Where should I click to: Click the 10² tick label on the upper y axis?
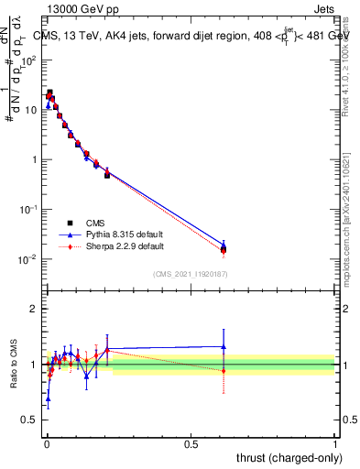pos(28,60)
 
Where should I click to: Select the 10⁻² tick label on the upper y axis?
pos(28,259)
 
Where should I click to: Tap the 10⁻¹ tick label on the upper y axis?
pos(28,210)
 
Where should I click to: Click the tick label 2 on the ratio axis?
pos(34,309)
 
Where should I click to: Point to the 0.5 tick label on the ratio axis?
pos(30,420)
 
